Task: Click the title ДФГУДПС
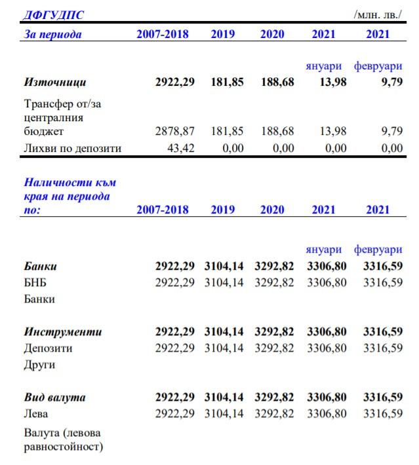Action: [x=54, y=15]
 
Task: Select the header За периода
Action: [x=53, y=34]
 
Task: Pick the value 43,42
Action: [x=180, y=148]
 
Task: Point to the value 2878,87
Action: [x=174, y=131]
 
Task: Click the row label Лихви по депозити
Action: [x=73, y=148]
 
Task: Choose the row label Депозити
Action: [x=49, y=348]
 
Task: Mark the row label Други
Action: [x=40, y=364]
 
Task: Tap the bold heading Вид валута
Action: [x=55, y=398]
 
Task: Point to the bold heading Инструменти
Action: [x=63, y=332]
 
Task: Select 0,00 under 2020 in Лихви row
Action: [x=283, y=148]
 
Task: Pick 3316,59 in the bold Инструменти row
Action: [x=383, y=332]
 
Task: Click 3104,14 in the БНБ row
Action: [x=224, y=283]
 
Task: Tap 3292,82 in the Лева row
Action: [x=274, y=414]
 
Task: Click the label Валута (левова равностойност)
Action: [x=64, y=439]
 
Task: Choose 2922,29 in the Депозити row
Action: [x=174, y=348]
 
